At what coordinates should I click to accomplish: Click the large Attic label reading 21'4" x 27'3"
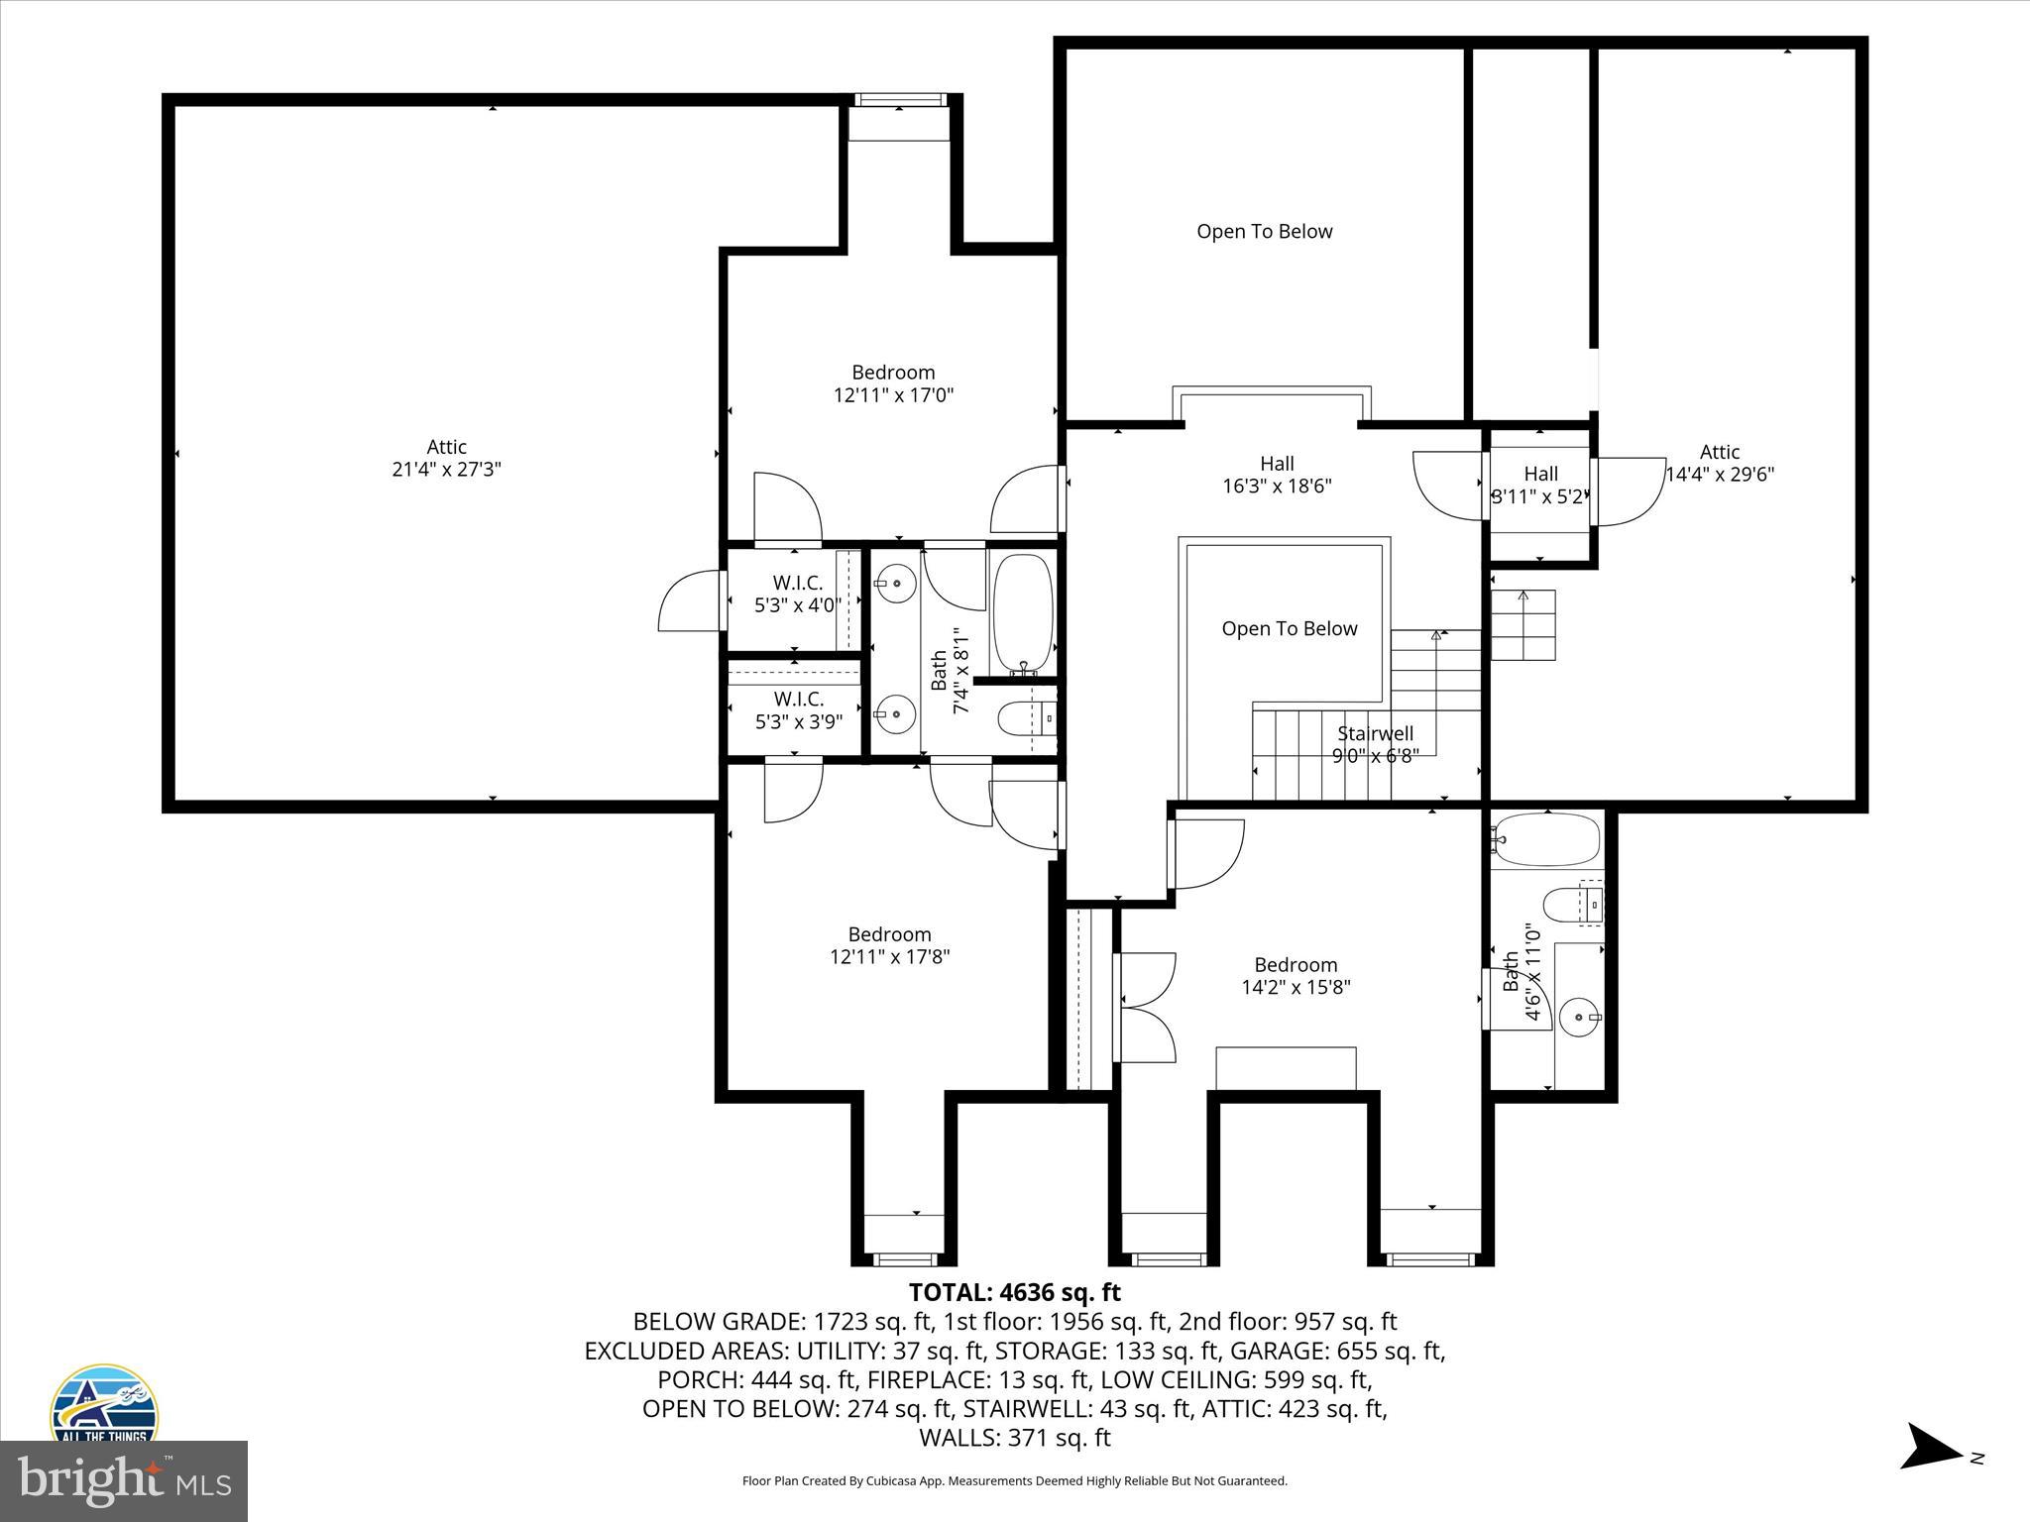[x=446, y=458]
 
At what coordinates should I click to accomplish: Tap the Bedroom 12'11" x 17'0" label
[x=893, y=383]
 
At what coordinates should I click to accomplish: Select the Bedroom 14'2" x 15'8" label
[x=1296, y=976]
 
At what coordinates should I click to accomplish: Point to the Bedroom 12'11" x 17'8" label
[x=889, y=945]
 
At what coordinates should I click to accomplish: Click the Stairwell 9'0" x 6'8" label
[x=1375, y=744]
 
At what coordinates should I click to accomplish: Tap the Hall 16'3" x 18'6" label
[x=1277, y=475]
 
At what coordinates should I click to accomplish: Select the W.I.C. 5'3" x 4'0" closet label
[x=797, y=594]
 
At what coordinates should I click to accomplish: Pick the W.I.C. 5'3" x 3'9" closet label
[x=798, y=710]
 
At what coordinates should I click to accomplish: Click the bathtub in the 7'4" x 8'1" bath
[x=1022, y=612]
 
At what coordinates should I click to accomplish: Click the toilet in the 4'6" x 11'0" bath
[x=1566, y=904]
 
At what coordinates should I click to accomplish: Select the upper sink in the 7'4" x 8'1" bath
[x=896, y=584]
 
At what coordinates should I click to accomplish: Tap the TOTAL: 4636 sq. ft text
[x=1014, y=1292]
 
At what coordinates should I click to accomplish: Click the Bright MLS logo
[x=124, y=1481]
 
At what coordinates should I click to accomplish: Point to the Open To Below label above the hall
[x=1264, y=231]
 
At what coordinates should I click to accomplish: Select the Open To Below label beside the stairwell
[x=1289, y=628]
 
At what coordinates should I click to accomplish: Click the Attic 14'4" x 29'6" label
[x=1719, y=463]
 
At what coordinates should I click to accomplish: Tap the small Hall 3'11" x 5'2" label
[x=1540, y=486]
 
